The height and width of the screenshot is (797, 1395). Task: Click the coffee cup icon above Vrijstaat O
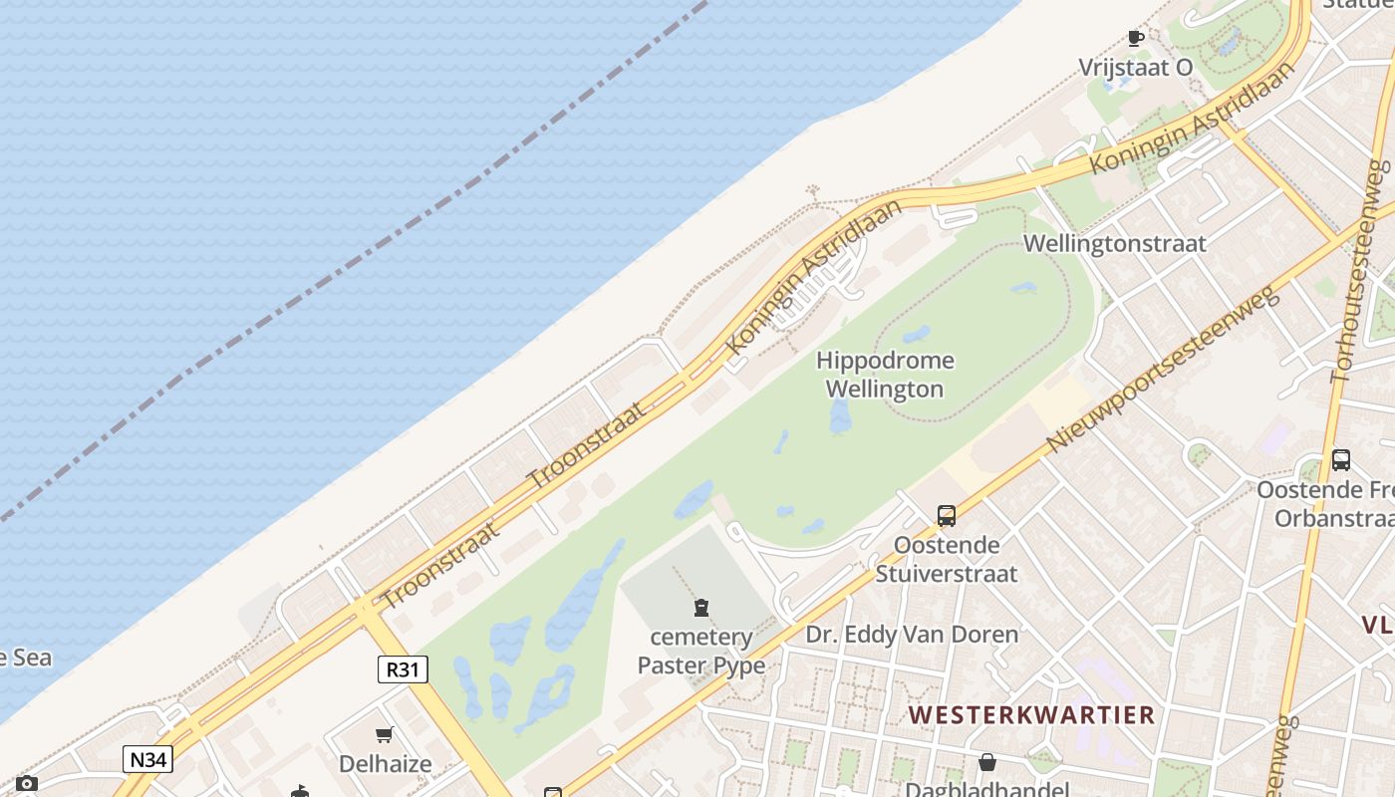coord(1135,39)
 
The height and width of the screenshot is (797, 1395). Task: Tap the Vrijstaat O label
coord(1135,68)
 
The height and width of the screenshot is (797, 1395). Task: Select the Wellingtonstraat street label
coord(1114,243)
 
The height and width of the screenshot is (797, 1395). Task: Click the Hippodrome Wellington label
coord(885,375)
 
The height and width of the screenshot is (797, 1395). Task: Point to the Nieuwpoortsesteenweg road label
coord(1162,370)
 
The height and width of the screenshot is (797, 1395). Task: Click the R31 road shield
coord(403,668)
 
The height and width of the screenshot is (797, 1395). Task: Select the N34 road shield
coord(148,759)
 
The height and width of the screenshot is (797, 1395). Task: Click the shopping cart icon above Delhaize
coord(385,736)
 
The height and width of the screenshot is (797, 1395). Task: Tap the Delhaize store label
coord(385,764)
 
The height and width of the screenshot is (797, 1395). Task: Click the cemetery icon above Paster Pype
coord(701,607)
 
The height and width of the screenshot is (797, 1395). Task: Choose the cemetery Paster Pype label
coord(701,651)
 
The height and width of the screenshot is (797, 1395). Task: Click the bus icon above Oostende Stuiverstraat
coord(946,516)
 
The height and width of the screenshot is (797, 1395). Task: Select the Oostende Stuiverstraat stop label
coord(946,559)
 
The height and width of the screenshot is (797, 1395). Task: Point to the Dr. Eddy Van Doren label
coord(912,635)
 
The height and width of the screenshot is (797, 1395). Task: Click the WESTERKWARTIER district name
coord(1031,714)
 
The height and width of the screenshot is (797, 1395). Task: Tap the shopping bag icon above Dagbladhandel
coord(986,762)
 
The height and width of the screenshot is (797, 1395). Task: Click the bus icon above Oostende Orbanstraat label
coord(1341,460)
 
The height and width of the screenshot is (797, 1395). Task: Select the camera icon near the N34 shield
coord(27,784)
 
